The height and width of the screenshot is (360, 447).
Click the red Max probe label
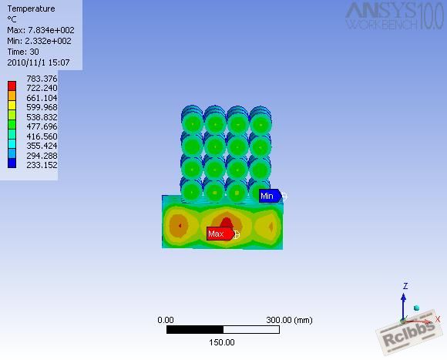[220, 234]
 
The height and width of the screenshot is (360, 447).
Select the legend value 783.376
[42, 79]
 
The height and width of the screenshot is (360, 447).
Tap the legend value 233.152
[42, 165]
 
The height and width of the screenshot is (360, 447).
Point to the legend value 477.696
[42, 126]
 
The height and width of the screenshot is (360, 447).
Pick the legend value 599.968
[42, 107]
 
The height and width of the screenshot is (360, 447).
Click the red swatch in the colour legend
[12, 86]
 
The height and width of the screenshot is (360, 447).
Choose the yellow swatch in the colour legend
[12, 105]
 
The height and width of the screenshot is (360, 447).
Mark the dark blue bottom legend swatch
[12, 163]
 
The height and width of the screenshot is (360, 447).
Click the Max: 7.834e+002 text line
[41, 30]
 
